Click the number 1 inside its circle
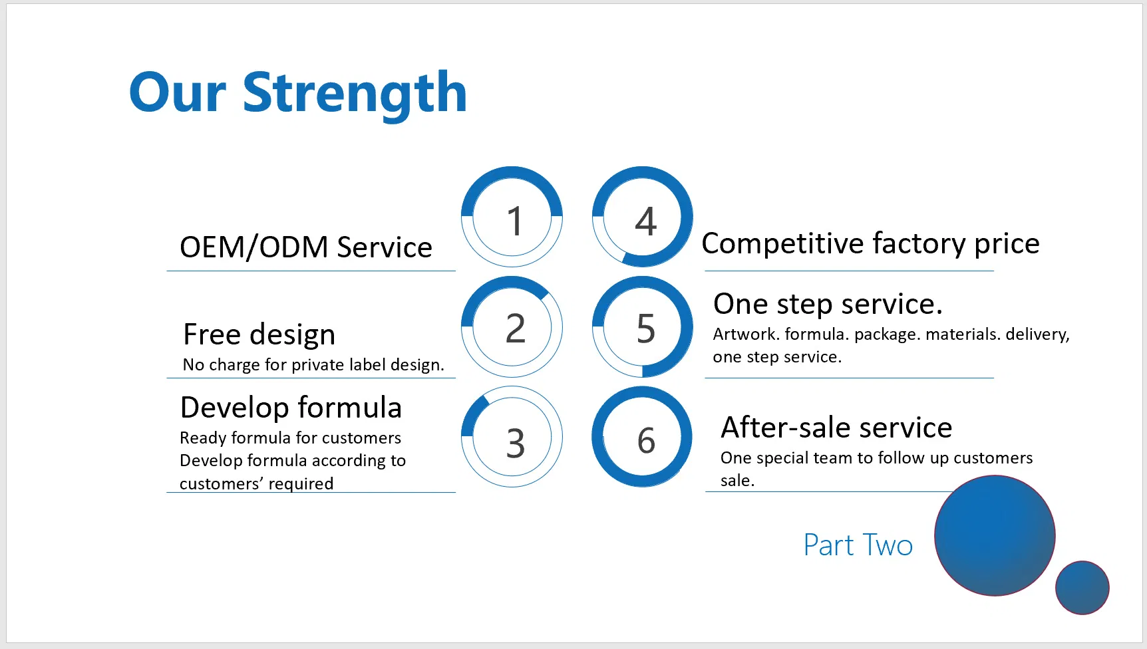514,221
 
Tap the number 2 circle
512,327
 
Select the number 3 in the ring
515,443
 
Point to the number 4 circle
643,217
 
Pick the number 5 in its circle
646,328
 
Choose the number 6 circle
643,437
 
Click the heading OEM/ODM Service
306,247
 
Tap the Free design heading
259,334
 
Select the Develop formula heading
291,408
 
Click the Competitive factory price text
870,243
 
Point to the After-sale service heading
836,427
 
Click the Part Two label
858,545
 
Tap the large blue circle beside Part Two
995,535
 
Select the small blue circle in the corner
1082,588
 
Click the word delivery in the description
1037,334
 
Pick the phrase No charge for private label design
313,364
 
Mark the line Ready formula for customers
291,438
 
